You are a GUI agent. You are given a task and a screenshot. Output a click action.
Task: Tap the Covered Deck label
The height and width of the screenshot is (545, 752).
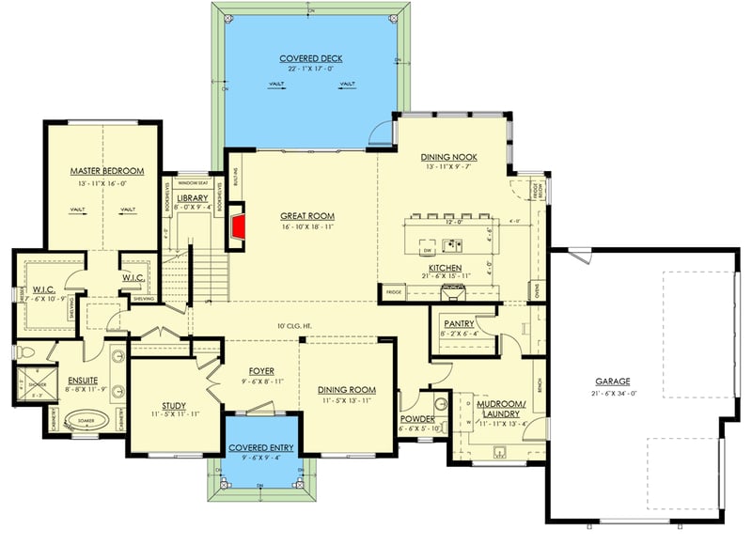coord(310,58)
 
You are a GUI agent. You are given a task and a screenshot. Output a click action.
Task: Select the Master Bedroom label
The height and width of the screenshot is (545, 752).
coord(106,171)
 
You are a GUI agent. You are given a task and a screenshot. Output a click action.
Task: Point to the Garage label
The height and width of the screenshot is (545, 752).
coord(612,381)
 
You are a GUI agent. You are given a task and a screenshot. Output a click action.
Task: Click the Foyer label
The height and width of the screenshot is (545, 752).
coord(260,370)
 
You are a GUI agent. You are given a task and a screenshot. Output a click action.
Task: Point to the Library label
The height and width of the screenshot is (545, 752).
coord(191,198)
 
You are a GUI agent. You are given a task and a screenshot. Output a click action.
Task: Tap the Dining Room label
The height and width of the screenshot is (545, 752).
coord(347,389)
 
